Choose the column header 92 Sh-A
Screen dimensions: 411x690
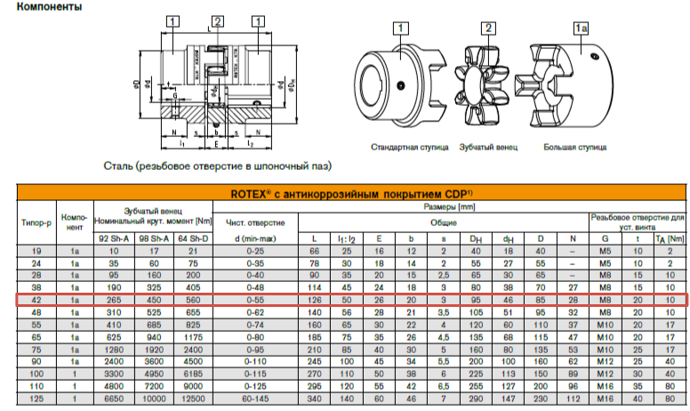(113, 238)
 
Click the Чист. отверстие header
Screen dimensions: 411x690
(255, 221)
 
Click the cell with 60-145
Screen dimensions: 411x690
(255, 400)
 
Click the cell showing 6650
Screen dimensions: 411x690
(113, 400)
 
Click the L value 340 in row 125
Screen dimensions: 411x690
(314, 400)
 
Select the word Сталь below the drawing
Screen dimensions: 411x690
(119, 165)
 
